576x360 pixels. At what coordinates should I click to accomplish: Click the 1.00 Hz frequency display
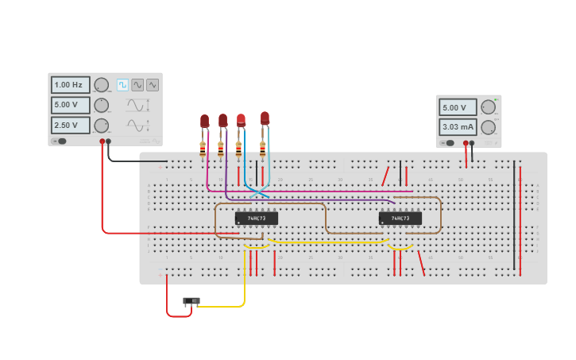70,85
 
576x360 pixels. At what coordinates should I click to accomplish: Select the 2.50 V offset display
70,126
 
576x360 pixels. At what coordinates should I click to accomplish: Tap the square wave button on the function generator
122,85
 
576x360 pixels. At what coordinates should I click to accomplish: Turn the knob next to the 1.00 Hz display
101,85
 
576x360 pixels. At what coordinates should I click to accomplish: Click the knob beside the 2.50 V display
101,126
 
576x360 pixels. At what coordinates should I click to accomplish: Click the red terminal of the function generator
102,141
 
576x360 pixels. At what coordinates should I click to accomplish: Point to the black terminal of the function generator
109,141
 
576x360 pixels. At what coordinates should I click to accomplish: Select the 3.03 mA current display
458,127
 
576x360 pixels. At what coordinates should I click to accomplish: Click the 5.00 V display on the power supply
458,107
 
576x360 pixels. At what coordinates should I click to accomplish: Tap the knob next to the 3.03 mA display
488,127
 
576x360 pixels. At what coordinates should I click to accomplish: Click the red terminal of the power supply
466,143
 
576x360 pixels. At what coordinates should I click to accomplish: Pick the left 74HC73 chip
256,218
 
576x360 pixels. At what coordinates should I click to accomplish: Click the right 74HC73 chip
400,218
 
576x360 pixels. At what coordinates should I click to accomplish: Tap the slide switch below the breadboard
191,301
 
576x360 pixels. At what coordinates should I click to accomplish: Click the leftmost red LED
204,121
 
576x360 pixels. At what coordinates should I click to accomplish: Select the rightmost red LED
265,118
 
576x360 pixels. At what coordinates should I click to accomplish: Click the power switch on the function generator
60,141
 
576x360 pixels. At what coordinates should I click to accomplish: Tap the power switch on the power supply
448,143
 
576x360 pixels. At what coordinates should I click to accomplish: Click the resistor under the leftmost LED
203,149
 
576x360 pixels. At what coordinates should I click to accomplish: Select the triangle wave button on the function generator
152,85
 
